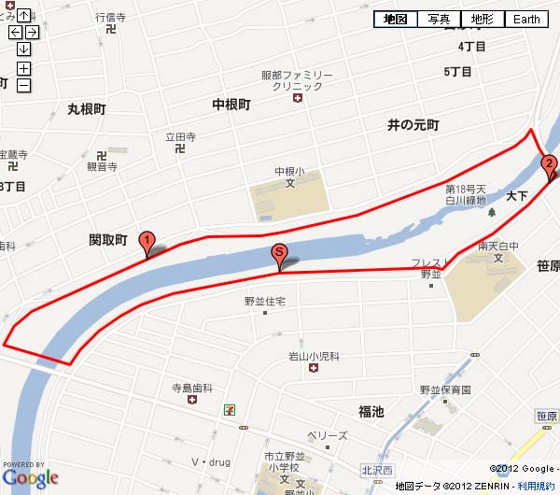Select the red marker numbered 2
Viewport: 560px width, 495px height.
[550, 166]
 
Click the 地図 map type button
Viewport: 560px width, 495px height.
[396, 19]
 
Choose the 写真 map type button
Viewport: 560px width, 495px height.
[439, 19]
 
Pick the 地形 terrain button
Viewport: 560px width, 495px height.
[482, 19]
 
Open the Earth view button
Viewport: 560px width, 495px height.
[526, 19]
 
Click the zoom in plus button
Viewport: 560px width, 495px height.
[23, 68]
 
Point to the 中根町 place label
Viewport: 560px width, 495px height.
[231, 105]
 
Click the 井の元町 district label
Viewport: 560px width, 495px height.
[413, 124]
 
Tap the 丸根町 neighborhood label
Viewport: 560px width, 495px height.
[87, 109]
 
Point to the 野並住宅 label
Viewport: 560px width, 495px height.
[264, 301]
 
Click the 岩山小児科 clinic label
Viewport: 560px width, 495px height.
[313, 356]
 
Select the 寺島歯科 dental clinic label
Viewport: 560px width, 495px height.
[191, 387]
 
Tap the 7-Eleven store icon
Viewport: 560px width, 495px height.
[230, 409]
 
